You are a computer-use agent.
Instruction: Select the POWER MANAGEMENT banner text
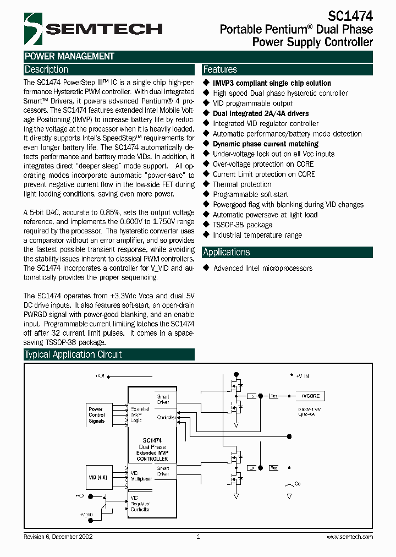(x=69, y=56)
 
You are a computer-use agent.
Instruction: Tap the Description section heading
(x=47, y=70)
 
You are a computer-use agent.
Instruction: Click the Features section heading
(x=220, y=70)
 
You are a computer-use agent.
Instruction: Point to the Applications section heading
(x=227, y=253)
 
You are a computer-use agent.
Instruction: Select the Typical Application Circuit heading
(x=73, y=354)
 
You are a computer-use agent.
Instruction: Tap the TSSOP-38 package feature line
(x=243, y=225)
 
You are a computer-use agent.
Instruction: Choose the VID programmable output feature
(x=253, y=103)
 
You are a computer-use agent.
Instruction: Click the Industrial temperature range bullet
(x=257, y=236)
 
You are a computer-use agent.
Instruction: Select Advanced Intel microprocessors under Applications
(x=263, y=269)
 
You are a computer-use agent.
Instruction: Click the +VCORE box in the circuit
(x=310, y=396)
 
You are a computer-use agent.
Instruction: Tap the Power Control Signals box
(x=97, y=415)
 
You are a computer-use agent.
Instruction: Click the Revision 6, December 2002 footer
(x=58, y=537)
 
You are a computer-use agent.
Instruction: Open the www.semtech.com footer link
(x=350, y=537)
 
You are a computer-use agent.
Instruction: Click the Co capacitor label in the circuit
(x=298, y=484)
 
